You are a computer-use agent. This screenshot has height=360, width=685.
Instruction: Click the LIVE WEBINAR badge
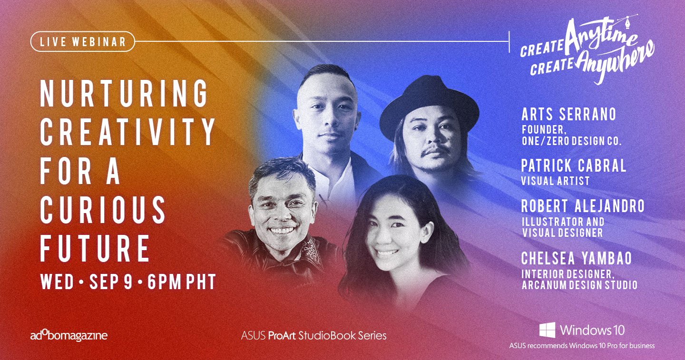(83, 41)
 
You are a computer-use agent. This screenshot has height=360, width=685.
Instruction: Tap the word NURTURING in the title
(124, 93)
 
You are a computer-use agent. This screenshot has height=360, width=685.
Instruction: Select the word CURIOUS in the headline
(103, 210)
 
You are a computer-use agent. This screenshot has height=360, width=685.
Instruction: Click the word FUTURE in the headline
(95, 248)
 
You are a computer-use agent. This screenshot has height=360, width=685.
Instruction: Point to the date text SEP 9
(111, 282)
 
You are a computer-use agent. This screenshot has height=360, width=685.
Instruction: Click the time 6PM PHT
(182, 282)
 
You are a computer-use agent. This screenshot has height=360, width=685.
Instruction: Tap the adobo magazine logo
(69, 335)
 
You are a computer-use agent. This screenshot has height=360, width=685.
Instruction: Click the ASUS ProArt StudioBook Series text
(314, 336)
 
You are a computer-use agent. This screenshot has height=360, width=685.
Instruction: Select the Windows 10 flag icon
(548, 330)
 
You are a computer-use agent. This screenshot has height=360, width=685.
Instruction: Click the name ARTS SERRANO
(569, 115)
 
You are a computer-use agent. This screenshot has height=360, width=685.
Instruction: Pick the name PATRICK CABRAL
(574, 166)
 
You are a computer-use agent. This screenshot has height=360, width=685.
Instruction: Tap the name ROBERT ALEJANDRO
(583, 206)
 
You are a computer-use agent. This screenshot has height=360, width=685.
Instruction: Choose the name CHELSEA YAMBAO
(577, 258)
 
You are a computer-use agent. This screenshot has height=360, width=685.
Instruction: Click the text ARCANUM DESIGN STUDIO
(579, 285)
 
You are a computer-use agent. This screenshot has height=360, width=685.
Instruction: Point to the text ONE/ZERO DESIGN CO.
(572, 141)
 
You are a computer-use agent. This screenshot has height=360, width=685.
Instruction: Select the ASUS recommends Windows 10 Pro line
(582, 346)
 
